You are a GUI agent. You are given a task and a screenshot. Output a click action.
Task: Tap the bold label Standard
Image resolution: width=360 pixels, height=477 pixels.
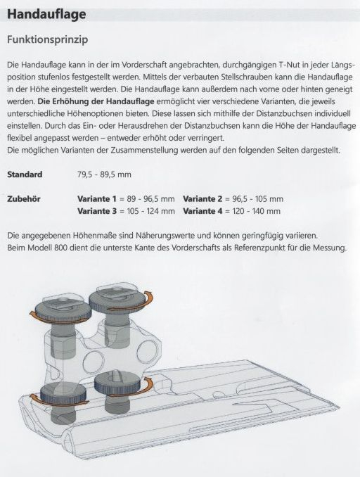click(x=24, y=174)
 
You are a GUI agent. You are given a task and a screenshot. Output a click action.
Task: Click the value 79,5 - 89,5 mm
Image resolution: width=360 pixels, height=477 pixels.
click(x=104, y=174)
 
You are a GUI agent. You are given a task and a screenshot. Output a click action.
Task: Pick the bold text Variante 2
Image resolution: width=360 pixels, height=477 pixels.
click(x=206, y=198)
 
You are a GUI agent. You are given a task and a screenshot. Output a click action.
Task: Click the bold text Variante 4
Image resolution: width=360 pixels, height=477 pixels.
click(x=206, y=210)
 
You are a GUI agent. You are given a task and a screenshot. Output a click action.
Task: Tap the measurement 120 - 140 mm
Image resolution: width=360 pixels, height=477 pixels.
click(x=257, y=210)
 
